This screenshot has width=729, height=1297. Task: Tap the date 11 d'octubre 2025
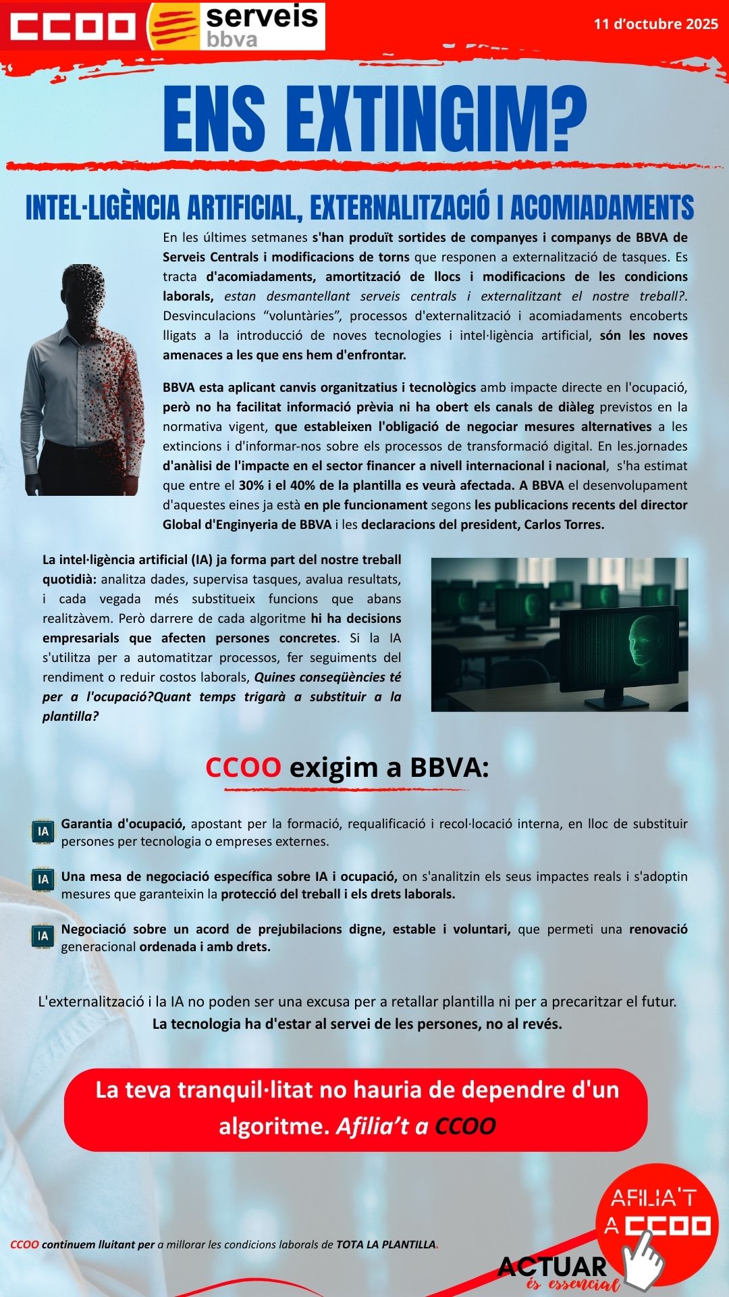(655, 24)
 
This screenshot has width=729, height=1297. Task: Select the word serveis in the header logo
(262, 16)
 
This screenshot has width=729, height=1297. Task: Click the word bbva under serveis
(232, 39)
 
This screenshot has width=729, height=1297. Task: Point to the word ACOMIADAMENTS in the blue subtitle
(602, 207)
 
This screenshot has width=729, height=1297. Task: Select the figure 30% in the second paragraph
(252, 485)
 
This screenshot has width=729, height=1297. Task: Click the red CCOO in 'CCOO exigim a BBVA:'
(243, 767)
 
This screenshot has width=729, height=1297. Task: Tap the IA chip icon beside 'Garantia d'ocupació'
(43, 832)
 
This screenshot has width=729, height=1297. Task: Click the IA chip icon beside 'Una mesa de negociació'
(43, 879)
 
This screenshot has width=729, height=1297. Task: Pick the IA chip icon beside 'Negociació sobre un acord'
(43, 936)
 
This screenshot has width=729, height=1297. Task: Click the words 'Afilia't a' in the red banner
(382, 1126)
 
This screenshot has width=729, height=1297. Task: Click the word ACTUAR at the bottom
(552, 1267)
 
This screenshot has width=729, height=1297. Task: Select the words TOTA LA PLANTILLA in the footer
(386, 1244)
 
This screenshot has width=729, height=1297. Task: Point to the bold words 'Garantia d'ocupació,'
(124, 823)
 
